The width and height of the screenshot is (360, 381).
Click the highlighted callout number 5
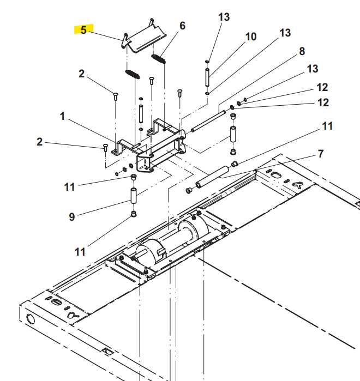pos(83,29)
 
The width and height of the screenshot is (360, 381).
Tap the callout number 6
pos(182,26)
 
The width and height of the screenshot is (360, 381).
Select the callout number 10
pos(250,37)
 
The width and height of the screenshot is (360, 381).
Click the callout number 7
pos(321,154)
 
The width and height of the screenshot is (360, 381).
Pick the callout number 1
pos(62,116)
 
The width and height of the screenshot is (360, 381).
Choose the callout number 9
pos(71,216)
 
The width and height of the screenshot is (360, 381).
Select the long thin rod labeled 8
pos(207,120)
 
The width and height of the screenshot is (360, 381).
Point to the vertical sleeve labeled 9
pos(133,195)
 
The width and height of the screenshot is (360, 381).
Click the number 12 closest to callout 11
pos(322,102)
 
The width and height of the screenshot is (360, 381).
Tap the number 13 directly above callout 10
pos(224,17)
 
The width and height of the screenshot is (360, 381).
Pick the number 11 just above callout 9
pos(69,187)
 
